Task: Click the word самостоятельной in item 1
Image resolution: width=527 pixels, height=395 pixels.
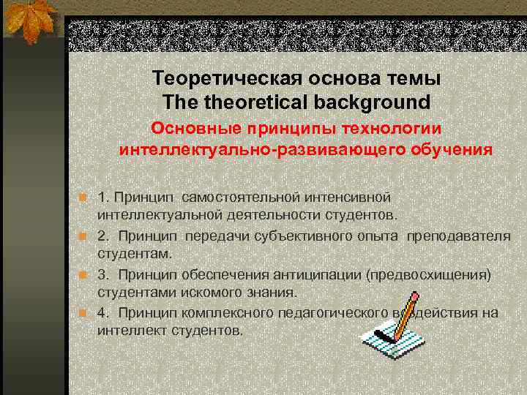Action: (x=233, y=197)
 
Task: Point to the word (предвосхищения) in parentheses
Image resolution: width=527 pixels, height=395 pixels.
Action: (x=430, y=274)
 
